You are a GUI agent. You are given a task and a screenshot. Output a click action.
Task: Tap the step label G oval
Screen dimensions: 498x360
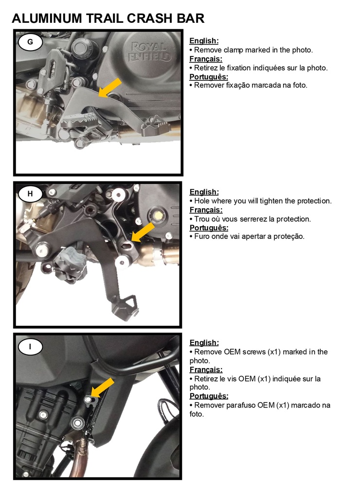coord(30,42)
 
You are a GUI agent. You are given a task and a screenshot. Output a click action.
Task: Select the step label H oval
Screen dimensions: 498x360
coord(30,194)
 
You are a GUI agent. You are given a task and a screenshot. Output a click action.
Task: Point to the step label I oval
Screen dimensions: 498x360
coord(30,346)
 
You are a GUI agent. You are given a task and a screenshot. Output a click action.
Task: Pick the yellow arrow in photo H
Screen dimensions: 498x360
coord(143,232)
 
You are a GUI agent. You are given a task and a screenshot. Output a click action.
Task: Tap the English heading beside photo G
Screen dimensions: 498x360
coord(204,41)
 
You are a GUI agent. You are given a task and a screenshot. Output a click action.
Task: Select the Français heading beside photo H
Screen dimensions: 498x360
coord(206,210)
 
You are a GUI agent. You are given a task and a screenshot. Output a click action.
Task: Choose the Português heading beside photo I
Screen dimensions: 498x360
coord(209,396)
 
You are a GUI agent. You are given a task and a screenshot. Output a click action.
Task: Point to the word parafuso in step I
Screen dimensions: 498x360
coord(240,406)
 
